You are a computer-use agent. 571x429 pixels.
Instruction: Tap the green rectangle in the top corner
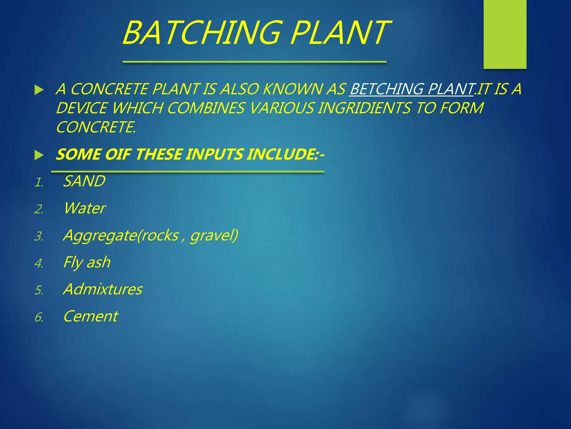click(x=505, y=34)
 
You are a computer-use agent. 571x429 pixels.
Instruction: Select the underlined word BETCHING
click(x=386, y=89)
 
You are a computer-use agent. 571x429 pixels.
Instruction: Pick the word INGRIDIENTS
click(x=364, y=108)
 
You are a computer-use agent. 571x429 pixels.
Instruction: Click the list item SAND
click(x=84, y=181)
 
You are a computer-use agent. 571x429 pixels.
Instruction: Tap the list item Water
click(x=85, y=208)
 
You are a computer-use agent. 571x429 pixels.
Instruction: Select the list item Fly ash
click(x=87, y=262)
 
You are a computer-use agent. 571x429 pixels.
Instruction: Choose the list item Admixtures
click(x=103, y=289)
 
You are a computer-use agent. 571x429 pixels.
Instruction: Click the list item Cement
click(x=91, y=316)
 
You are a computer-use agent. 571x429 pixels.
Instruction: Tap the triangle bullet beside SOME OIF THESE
click(x=39, y=155)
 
